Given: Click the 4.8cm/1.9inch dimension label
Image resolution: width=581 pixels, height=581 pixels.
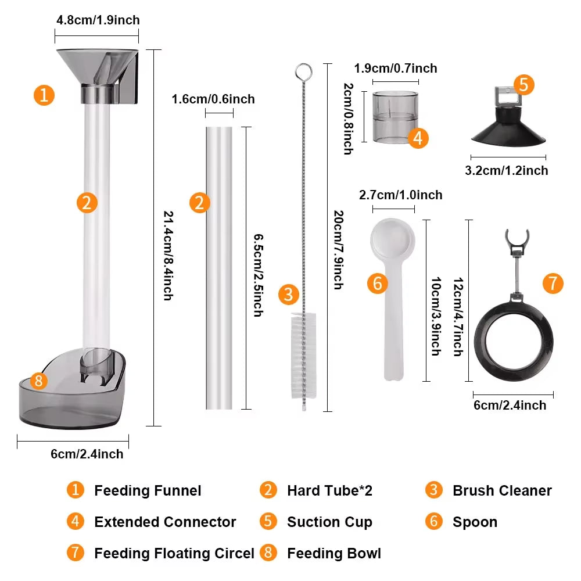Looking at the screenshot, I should point(98,20).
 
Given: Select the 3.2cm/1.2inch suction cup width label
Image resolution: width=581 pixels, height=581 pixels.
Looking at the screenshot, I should point(507,171).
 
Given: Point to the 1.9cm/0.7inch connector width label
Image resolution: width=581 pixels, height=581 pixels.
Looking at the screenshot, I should point(395,69).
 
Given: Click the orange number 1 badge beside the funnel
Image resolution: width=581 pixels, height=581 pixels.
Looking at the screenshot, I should point(44,95).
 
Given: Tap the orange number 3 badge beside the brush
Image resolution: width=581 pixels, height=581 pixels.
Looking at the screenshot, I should point(288,295).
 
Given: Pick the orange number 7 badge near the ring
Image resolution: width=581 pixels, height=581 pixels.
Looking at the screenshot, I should point(553,284).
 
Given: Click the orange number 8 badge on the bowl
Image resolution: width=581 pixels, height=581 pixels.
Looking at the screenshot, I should point(38,381).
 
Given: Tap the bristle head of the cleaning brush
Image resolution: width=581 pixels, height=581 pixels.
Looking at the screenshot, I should point(303,354).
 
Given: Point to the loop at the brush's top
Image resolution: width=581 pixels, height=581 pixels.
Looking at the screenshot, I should point(303,72).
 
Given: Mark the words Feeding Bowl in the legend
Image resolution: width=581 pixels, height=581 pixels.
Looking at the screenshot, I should point(334,553).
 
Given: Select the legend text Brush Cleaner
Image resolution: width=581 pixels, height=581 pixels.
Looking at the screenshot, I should point(502,491).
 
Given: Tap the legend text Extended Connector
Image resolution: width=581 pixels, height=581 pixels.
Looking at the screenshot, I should point(165,522).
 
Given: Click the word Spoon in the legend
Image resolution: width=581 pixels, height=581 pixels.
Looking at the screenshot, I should point(475,522).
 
